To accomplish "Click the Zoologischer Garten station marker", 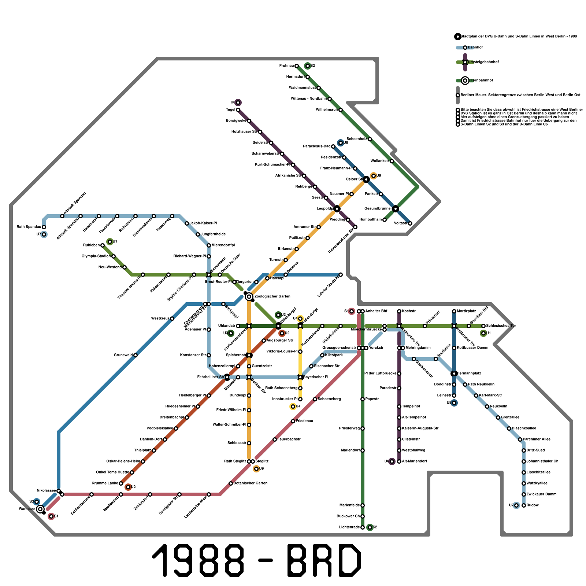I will click(x=249, y=297).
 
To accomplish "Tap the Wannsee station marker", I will click(x=40, y=509).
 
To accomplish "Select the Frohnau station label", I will click(x=286, y=66).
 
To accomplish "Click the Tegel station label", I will click(x=231, y=110).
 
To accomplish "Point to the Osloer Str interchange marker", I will click(x=366, y=179).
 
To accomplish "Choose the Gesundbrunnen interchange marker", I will click(x=396, y=209).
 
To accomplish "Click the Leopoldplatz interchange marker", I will click(x=337, y=209).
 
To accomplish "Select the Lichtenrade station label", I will click(x=349, y=527).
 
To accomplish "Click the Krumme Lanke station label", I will click(x=105, y=483).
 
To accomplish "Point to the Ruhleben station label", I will click(x=91, y=245).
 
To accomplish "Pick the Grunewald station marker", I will click(x=136, y=355).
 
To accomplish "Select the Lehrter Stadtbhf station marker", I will click(x=341, y=275).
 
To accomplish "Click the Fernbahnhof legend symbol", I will click(x=465, y=81).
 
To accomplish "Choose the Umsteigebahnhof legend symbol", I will click(x=465, y=62).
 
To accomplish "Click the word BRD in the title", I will click(x=324, y=560).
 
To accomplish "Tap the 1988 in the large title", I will click(x=198, y=560).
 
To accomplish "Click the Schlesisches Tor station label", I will click(x=501, y=326).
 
